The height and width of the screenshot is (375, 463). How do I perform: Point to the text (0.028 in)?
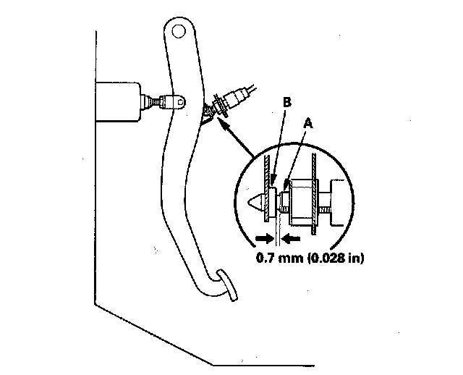tap(330, 256)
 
